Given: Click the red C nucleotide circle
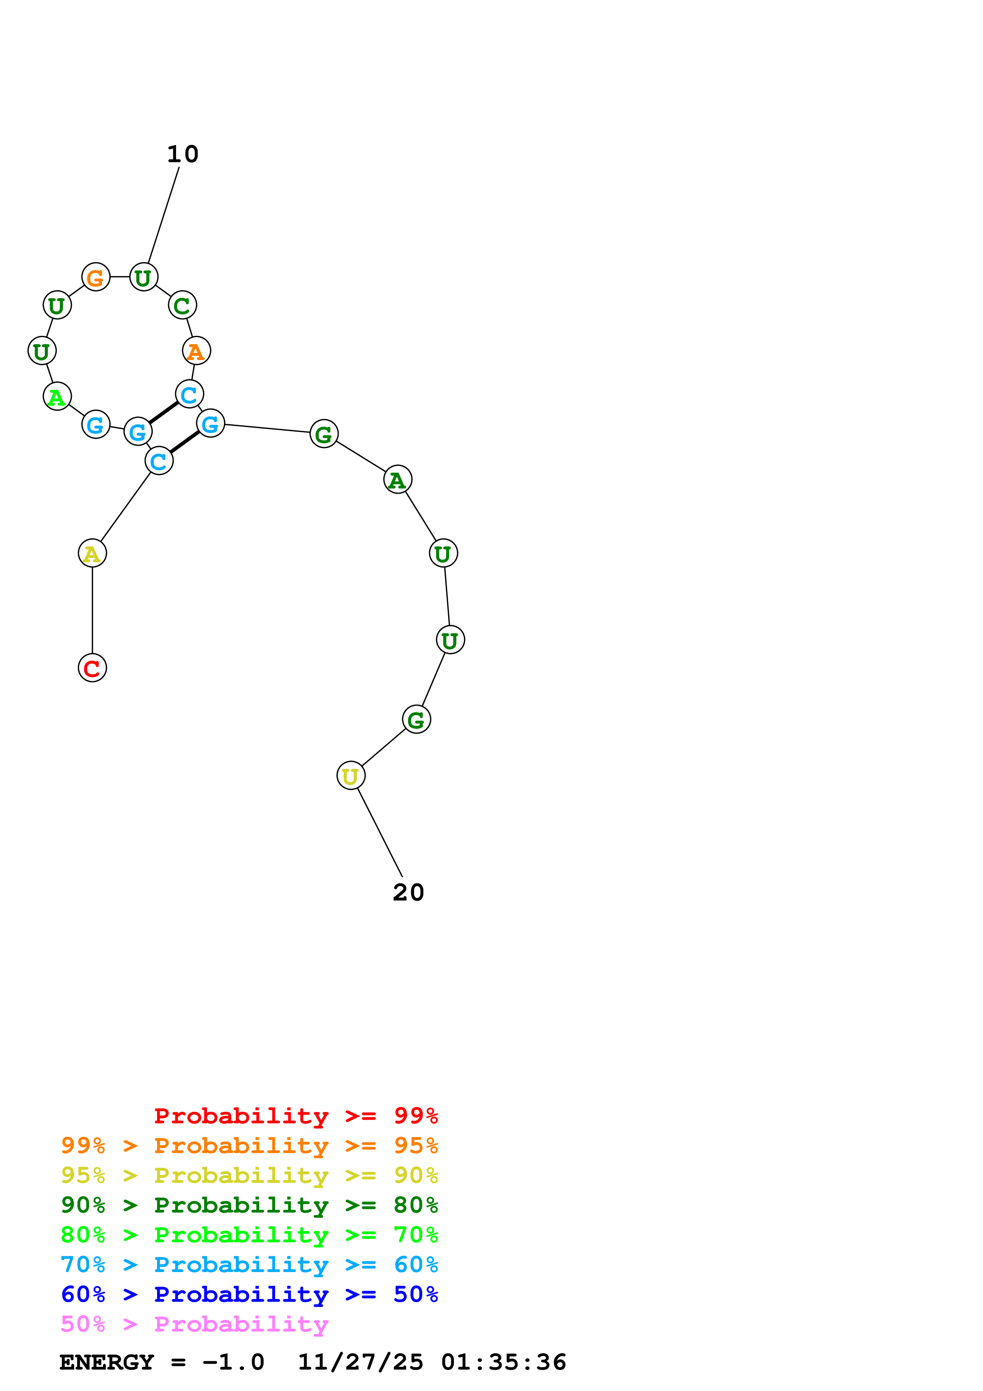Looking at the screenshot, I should [x=92, y=668].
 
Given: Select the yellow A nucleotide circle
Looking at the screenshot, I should [x=92, y=553].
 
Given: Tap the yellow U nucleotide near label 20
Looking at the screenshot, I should [x=351, y=776].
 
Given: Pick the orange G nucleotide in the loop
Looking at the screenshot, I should [x=96, y=278].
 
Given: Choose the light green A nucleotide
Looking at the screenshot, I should [x=57, y=397].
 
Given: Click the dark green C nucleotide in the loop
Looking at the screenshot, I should [x=182, y=305].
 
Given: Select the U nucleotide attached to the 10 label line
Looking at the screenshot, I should [x=144, y=278].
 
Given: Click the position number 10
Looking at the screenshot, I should [x=182, y=155].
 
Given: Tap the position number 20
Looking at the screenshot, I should [x=408, y=893].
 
